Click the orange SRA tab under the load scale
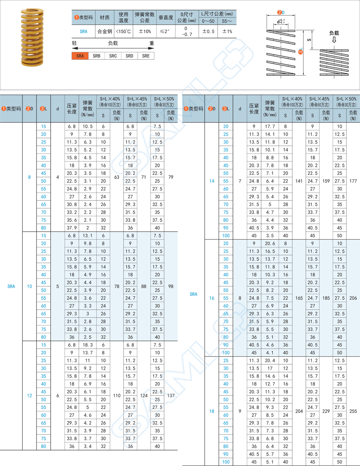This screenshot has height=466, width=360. pos(80,56)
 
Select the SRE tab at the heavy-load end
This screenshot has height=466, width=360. pos(146,56)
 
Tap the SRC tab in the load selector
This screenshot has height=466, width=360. pos(113,56)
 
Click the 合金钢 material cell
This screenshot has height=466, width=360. pos(105,32)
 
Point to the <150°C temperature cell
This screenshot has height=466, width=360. pos(123,32)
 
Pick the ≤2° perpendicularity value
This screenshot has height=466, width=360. pos(166,32)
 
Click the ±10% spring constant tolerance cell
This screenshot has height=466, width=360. pos(144,32)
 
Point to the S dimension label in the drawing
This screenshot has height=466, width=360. pos(309,40)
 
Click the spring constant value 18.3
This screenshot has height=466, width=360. pos(88,345)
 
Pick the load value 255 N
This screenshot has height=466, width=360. pos(353,411)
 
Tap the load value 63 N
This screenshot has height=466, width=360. pos(117,177)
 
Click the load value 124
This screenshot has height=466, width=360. pos(144,396)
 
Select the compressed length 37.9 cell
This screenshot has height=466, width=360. pos(72,228)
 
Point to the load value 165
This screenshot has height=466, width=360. pos(299,298)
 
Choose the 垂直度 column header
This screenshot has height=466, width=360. pos(166,18)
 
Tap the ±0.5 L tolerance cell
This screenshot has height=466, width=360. pos(208,32)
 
